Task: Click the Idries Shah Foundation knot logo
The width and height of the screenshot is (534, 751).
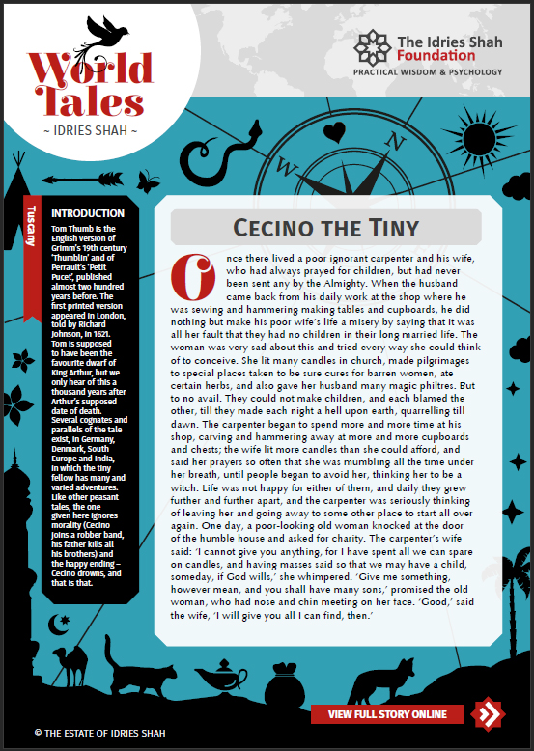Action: point(372,50)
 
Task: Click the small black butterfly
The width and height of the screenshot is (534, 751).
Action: point(148,181)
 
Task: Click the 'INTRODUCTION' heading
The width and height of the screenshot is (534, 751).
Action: point(87,213)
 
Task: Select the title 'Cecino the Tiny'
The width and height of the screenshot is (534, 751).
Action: point(325,228)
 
